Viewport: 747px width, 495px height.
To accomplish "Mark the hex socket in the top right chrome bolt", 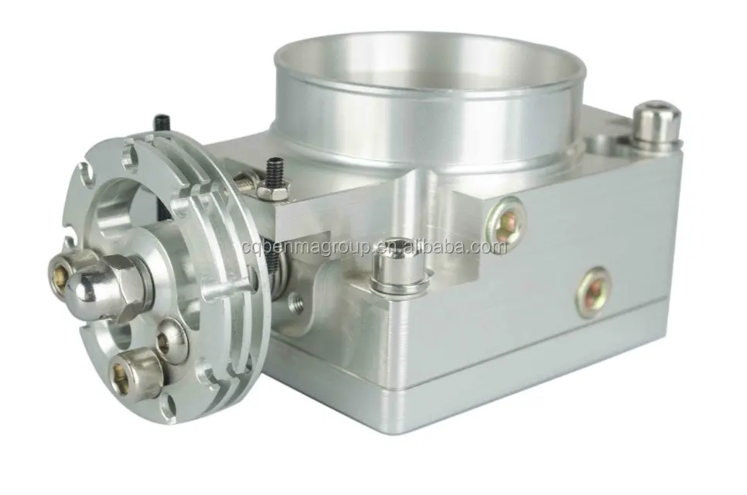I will click(x=656, y=109).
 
